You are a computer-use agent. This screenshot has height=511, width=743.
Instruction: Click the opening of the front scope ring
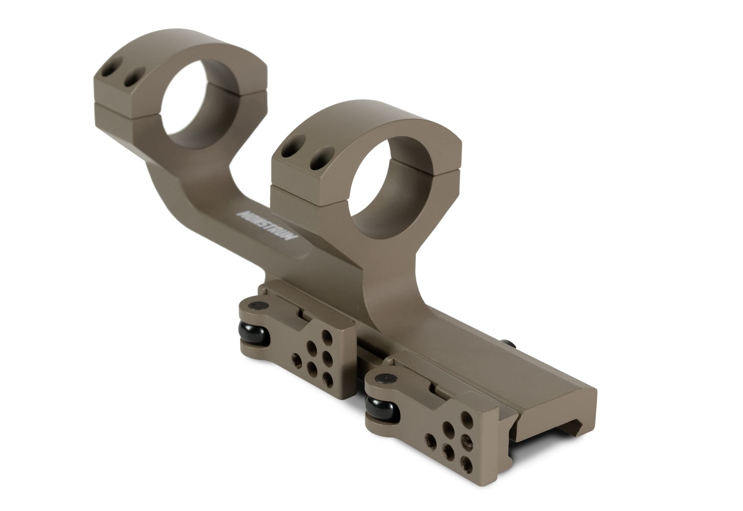point(391,187)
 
